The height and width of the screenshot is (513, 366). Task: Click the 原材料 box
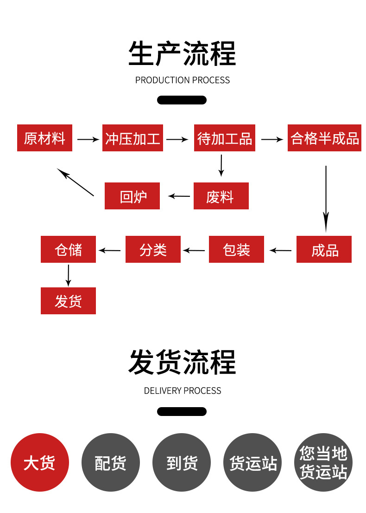[44, 138]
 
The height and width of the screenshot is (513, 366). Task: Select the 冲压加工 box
[133, 138]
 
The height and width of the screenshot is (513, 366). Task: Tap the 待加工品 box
[225, 138]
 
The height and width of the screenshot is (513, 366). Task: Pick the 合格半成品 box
[324, 138]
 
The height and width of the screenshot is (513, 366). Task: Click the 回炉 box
[132, 196]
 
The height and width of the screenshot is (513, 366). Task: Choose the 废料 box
[221, 196]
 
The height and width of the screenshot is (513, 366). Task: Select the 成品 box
[324, 250]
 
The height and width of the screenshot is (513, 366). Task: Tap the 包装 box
[236, 250]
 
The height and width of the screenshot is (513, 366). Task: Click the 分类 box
[153, 250]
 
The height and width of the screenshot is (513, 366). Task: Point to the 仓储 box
[68, 250]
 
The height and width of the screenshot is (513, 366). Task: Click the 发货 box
[68, 301]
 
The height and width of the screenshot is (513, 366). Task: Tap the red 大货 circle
[40, 462]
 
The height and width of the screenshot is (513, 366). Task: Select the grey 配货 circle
[111, 462]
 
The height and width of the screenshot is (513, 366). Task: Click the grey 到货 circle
[182, 462]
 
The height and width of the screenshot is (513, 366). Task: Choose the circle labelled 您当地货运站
[323, 462]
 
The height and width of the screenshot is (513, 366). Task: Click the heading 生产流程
[183, 54]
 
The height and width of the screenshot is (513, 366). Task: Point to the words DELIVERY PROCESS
[183, 391]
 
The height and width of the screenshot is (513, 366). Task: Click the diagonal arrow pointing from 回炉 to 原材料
[76, 182]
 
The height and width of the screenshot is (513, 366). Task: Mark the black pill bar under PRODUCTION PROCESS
[182, 100]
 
